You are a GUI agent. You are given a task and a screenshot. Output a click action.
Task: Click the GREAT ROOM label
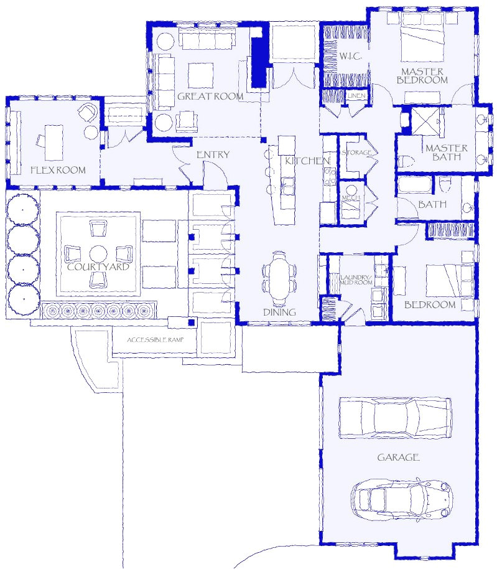coord(210,96)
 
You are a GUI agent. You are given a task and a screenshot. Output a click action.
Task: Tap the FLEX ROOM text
coord(58,170)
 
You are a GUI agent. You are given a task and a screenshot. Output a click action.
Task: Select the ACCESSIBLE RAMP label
coord(155,340)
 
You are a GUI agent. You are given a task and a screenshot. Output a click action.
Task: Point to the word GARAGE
coord(398,457)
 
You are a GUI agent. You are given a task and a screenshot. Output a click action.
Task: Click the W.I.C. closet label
coord(351,56)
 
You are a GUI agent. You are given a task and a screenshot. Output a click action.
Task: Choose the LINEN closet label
coord(356,96)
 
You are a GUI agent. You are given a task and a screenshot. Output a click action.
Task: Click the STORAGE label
coord(356,153)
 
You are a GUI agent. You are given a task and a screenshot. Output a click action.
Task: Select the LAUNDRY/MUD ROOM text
coord(356,280)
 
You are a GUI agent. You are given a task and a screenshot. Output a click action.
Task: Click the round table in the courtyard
coord(98,253)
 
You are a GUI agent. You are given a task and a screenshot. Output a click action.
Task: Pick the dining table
coord(279,278)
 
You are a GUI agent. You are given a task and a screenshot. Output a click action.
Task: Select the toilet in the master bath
coord(407,161)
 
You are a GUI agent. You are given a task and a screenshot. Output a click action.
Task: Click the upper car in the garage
coord(395,417)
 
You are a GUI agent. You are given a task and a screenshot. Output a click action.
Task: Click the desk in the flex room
coord(53,142)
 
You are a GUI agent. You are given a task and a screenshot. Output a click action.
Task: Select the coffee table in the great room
coord(200,75)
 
